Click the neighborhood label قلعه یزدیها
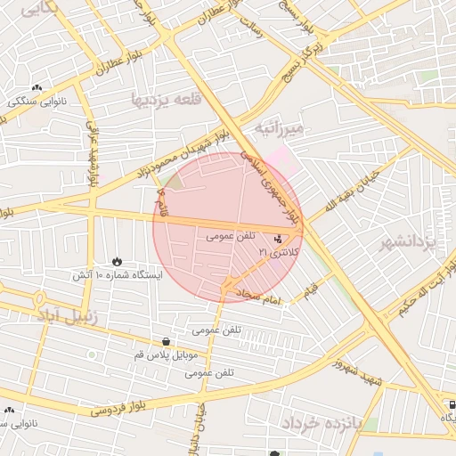[x=163, y=98]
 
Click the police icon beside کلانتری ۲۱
[x=279, y=239]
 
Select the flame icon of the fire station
[x=118, y=261]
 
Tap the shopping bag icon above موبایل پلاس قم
[x=167, y=341]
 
